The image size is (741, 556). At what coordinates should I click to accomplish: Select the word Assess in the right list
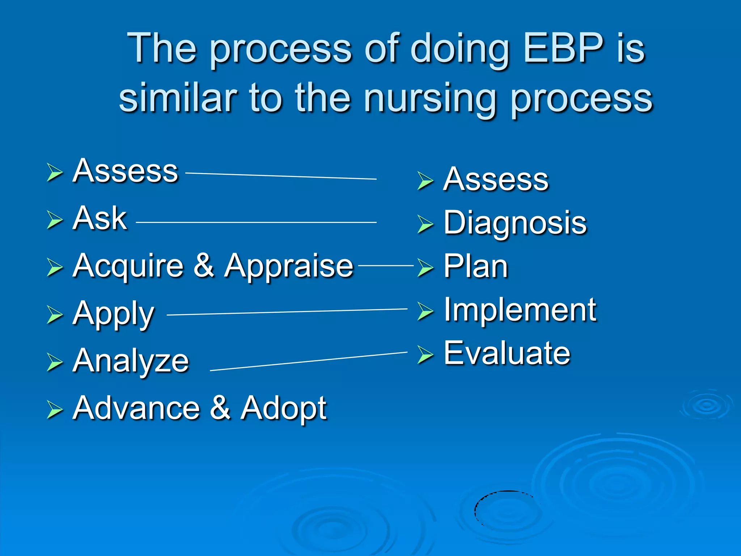(x=496, y=179)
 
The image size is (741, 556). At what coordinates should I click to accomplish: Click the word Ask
(x=99, y=218)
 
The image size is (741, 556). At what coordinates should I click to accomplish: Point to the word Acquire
(x=128, y=266)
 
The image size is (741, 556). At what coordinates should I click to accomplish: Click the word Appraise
(x=288, y=266)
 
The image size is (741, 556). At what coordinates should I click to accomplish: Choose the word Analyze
(x=131, y=361)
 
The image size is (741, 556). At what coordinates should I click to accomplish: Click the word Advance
(x=136, y=408)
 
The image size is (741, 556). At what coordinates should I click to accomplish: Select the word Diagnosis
(x=515, y=223)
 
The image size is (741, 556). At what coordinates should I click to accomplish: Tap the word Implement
(x=520, y=309)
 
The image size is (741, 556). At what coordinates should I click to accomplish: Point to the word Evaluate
(x=507, y=353)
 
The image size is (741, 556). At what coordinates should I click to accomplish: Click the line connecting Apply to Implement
(x=287, y=312)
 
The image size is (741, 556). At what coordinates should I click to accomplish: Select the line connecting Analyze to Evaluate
(x=309, y=361)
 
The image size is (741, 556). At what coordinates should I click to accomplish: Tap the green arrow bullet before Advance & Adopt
(x=55, y=410)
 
